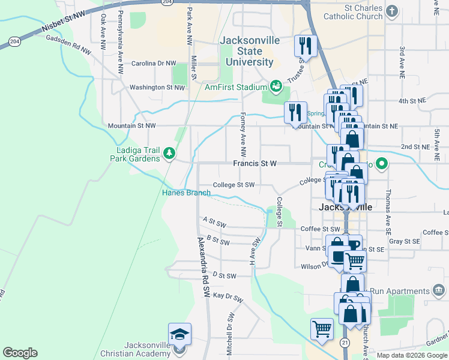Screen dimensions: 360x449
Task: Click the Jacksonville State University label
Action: coord(246,51)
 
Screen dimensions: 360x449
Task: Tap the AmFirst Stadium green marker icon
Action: coord(276,86)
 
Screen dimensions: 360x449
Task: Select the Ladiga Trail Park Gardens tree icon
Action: coord(170,154)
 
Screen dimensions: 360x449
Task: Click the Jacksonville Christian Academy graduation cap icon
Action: coord(179,334)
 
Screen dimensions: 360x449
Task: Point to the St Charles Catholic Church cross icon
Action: coord(392,11)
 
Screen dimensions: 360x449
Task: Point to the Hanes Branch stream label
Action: coord(186,193)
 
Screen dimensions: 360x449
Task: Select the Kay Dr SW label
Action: coord(228,297)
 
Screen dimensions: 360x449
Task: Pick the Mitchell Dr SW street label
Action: coord(230,334)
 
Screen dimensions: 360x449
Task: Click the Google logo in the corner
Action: coord(20,353)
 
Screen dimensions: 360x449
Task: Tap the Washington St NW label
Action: coord(155,88)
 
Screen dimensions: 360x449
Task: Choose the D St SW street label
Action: coord(223,276)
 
